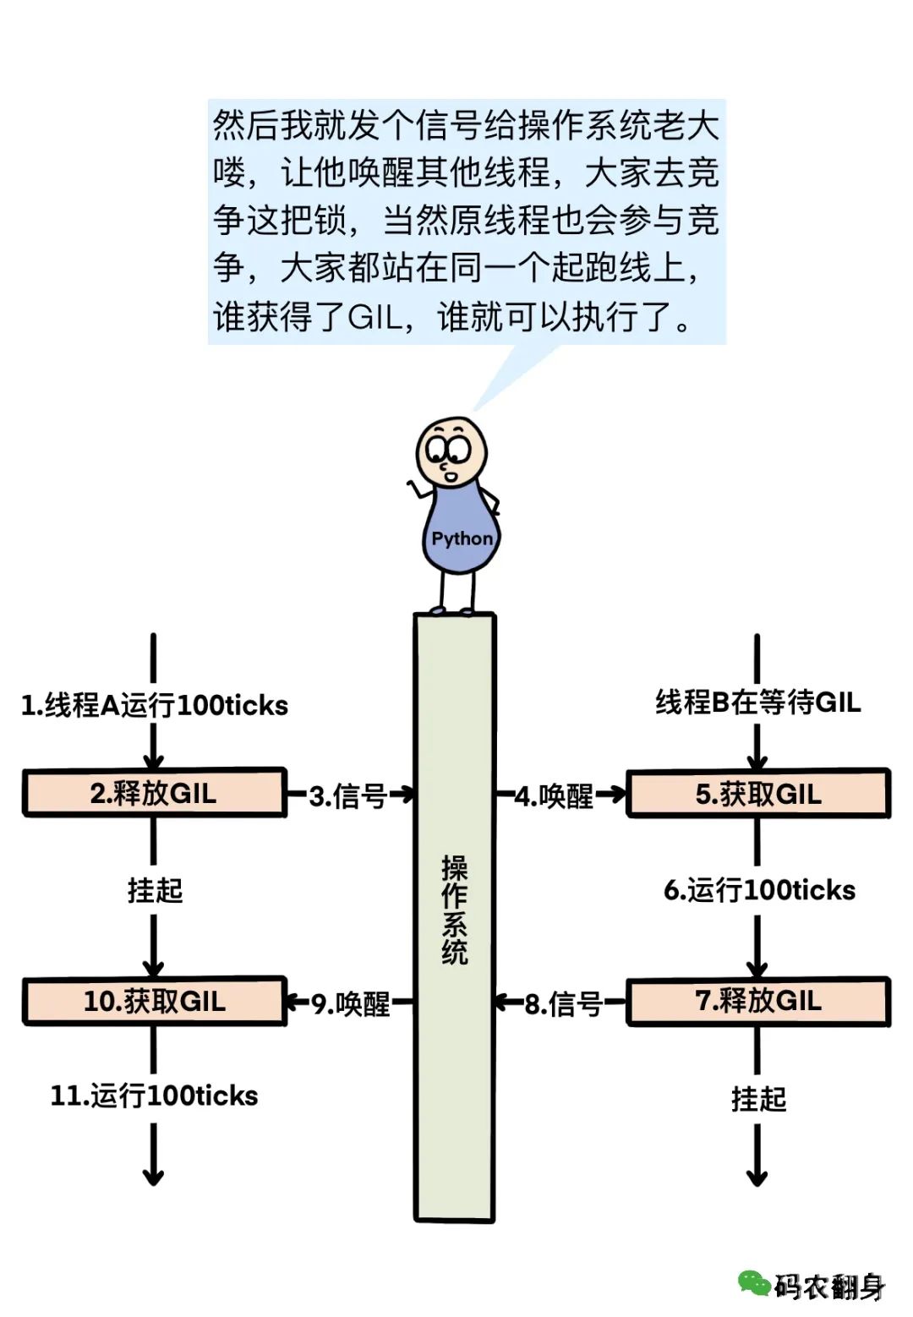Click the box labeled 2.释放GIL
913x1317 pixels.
click(154, 793)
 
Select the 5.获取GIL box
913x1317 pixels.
click(758, 794)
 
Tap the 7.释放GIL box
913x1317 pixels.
click(758, 1001)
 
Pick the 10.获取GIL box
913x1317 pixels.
click(154, 1002)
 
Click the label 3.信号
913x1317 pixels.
click(347, 795)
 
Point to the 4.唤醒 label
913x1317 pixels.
click(555, 795)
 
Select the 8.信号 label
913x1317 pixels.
click(563, 1003)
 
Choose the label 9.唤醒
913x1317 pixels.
click(351, 1003)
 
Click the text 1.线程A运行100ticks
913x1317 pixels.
click(155, 705)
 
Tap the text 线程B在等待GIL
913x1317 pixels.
click(758, 702)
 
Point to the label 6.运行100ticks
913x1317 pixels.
click(759, 890)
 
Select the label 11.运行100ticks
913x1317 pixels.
click(154, 1096)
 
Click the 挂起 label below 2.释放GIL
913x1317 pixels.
click(155, 890)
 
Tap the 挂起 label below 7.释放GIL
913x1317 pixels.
click(758, 1098)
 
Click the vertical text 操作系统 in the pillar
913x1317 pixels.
click(455, 910)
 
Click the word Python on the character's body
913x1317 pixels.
click(462, 538)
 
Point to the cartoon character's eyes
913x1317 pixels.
click(448, 447)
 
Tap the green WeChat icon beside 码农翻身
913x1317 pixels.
click(753, 1283)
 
